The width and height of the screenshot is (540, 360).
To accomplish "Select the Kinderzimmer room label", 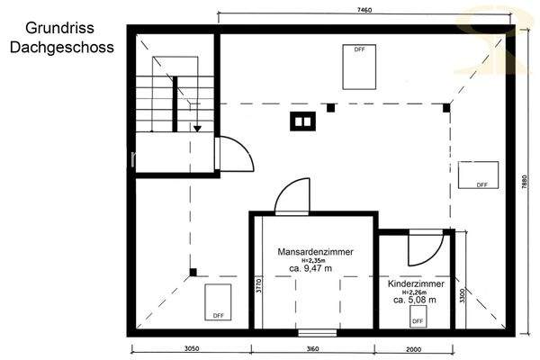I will (x=416, y=283).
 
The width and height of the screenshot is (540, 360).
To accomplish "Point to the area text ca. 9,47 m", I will (x=310, y=268).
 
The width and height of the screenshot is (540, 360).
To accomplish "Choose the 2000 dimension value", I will (x=411, y=348).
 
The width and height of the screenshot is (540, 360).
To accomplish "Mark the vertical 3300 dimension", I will (x=463, y=295).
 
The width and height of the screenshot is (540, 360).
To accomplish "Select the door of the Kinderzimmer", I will (x=424, y=249).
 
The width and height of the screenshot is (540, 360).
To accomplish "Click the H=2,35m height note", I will (x=310, y=260).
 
